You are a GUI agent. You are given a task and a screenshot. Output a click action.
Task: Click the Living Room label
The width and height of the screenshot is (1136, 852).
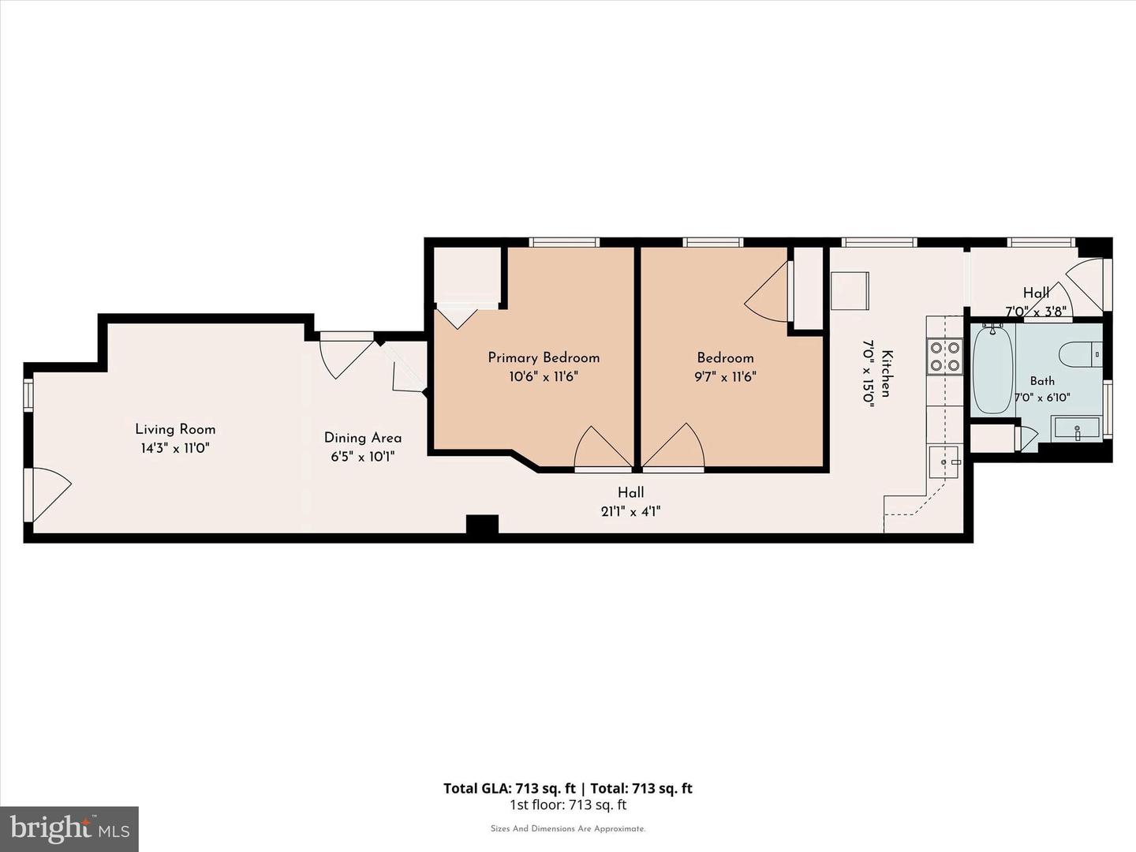point(175,429)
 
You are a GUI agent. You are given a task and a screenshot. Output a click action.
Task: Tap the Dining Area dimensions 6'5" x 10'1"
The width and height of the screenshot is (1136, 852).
point(362,457)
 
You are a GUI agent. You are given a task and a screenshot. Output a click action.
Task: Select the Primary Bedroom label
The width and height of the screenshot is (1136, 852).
point(544,358)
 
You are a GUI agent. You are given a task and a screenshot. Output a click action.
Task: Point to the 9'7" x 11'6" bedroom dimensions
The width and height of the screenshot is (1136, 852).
point(725,376)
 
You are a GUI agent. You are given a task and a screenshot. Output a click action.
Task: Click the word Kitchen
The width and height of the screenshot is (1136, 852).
point(887,373)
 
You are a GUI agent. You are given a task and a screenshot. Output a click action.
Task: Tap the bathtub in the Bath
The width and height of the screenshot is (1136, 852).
point(993,368)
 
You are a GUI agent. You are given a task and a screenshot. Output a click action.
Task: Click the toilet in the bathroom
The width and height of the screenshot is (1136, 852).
point(1080,354)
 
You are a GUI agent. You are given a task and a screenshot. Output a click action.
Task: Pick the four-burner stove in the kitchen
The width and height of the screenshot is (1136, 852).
point(944,357)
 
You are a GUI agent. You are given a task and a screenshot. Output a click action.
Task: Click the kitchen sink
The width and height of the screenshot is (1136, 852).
point(945,462)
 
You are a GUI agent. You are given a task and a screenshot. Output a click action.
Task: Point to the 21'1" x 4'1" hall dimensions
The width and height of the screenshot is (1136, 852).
point(630,512)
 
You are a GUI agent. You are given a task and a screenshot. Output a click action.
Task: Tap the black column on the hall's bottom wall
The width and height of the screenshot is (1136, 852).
point(482,525)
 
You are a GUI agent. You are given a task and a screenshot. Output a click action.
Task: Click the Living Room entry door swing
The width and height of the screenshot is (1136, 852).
point(50,494)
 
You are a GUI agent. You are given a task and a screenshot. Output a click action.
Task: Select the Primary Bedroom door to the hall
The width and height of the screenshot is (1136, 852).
point(603,448)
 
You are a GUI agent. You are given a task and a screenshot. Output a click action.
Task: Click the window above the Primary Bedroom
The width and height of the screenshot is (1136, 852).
point(563,242)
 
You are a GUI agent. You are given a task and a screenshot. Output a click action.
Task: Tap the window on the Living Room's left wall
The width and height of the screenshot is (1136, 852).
point(28,395)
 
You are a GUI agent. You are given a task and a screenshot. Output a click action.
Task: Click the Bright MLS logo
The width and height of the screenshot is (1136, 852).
point(69,829)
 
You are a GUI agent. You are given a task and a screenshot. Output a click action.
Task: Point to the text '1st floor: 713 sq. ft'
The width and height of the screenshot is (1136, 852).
point(568,805)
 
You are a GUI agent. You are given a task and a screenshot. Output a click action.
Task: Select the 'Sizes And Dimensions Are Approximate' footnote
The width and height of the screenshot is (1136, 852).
point(568,828)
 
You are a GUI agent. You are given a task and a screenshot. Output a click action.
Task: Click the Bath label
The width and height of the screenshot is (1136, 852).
point(1042,381)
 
